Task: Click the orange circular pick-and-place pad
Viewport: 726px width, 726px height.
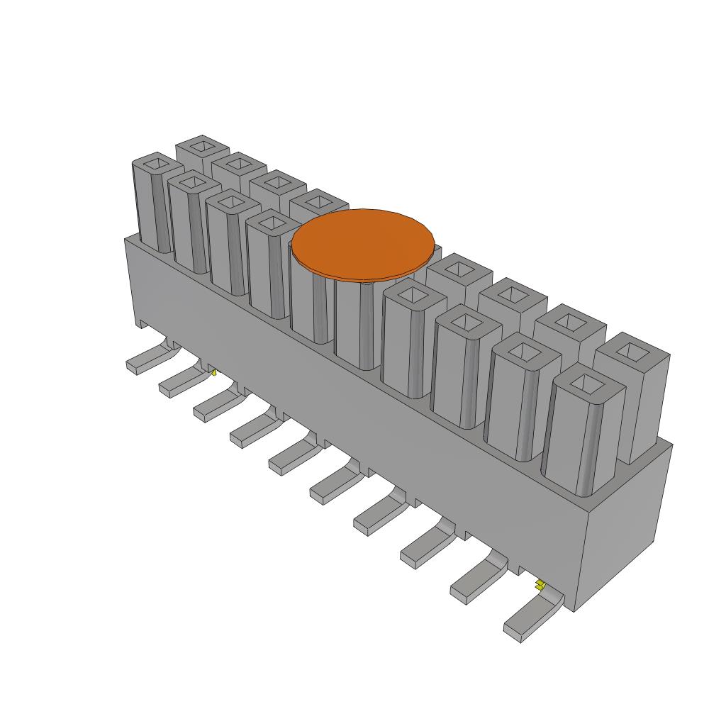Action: [x=363, y=242]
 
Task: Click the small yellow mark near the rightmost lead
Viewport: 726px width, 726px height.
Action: [x=540, y=584]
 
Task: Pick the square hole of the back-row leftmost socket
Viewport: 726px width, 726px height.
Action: [x=202, y=147]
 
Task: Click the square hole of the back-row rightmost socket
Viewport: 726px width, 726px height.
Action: [x=631, y=350]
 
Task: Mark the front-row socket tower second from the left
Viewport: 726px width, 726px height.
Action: [x=188, y=227]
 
